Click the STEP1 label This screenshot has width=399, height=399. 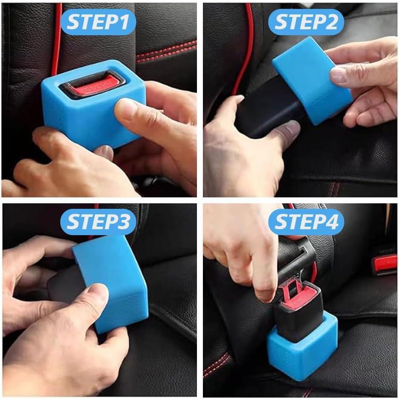[x=98, y=22]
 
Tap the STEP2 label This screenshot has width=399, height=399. [x=307, y=22]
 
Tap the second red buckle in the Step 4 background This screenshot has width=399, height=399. [x=384, y=263]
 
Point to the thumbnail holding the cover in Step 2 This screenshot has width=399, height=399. [x=340, y=75]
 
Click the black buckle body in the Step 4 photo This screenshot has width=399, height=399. [x=297, y=314]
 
